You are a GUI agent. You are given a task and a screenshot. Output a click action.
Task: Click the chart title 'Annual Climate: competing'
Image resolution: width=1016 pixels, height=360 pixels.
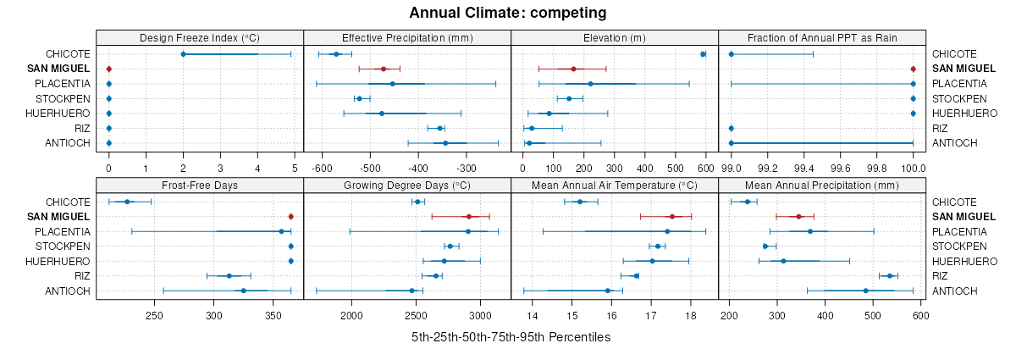[507, 13]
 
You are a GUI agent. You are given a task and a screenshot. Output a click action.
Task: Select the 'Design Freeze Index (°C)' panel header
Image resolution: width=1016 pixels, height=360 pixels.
[200, 37]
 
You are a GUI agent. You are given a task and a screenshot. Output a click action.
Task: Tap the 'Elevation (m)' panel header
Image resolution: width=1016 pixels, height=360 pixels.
[615, 37]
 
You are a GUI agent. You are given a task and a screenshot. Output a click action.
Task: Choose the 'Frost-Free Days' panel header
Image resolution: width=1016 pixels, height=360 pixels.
[200, 186]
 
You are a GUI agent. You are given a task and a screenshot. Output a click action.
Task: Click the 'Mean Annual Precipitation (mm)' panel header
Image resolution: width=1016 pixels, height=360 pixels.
[822, 186]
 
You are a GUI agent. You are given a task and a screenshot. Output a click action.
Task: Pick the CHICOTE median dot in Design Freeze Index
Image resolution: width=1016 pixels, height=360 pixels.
[183, 54]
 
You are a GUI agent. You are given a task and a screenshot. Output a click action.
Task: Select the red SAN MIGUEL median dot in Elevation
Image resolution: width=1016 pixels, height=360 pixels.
[573, 69]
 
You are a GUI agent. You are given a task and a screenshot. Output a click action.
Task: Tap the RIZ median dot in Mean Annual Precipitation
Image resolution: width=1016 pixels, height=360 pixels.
[890, 276]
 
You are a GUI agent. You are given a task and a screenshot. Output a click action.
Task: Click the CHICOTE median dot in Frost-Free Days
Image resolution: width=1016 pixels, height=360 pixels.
[127, 202]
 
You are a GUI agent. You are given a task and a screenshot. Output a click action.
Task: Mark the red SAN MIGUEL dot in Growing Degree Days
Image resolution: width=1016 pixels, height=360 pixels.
[468, 217]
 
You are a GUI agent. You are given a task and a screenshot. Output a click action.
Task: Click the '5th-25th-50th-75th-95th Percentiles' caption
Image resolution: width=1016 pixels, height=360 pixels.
[511, 337]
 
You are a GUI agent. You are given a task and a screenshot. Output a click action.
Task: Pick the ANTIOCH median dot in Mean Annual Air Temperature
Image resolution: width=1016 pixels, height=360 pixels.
[608, 291]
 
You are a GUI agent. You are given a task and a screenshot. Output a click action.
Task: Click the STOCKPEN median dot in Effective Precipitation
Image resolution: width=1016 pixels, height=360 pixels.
[359, 98]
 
